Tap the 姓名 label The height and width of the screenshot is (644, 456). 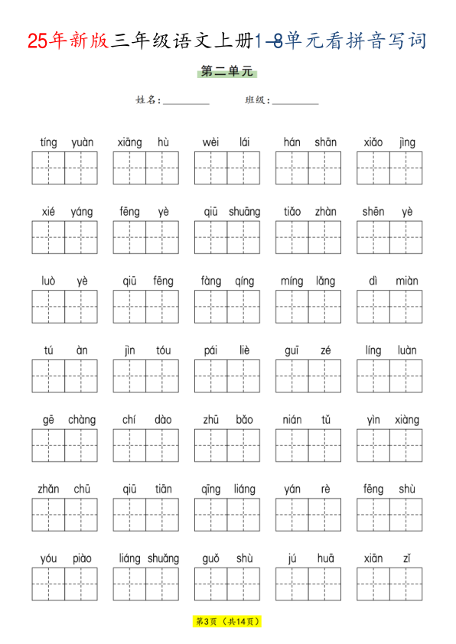(x=148, y=100)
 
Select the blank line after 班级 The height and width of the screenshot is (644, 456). (x=295, y=102)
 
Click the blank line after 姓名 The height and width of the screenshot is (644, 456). (x=186, y=102)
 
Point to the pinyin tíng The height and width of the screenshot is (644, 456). (x=48, y=142)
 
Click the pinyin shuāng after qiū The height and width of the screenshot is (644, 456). (x=244, y=212)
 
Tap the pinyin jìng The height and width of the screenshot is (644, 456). (x=407, y=142)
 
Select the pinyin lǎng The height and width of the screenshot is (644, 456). (x=325, y=281)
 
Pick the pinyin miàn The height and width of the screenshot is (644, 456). (x=407, y=281)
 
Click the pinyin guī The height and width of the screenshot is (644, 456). (x=292, y=350)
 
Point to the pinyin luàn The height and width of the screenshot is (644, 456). (x=407, y=350)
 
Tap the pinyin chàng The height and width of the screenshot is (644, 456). (x=82, y=420)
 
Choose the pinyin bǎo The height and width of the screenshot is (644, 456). (x=244, y=420)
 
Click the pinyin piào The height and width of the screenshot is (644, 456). (x=82, y=558)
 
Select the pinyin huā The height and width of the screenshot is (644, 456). (x=325, y=558)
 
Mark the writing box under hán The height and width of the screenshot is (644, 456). (x=292, y=168)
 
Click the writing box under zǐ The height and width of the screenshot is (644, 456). (x=406, y=584)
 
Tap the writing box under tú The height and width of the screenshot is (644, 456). (x=48, y=376)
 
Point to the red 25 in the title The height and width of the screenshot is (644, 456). (x=37, y=41)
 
